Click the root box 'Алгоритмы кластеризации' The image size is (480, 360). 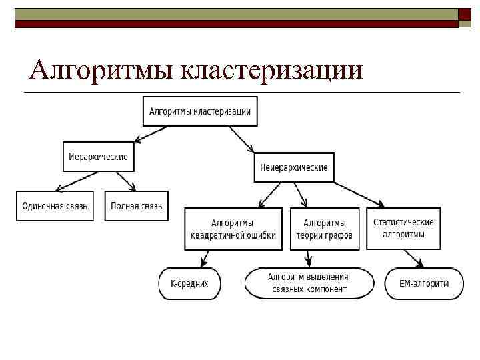[200, 111]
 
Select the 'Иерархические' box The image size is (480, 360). [99, 158]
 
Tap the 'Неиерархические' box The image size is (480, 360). [294, 167]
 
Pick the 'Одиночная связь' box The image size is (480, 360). [55, 206]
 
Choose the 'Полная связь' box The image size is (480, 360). [137, 206]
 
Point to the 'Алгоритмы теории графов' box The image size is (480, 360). [324, 229]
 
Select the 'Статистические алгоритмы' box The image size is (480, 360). [403, 228]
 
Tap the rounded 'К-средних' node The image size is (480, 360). [189, 283]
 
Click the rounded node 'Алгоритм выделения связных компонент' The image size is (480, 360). [308, 283]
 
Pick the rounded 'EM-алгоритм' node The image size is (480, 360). [424, 283]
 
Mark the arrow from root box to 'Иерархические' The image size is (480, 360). [151, 133]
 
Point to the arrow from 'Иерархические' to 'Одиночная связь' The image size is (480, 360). [79, 180]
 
